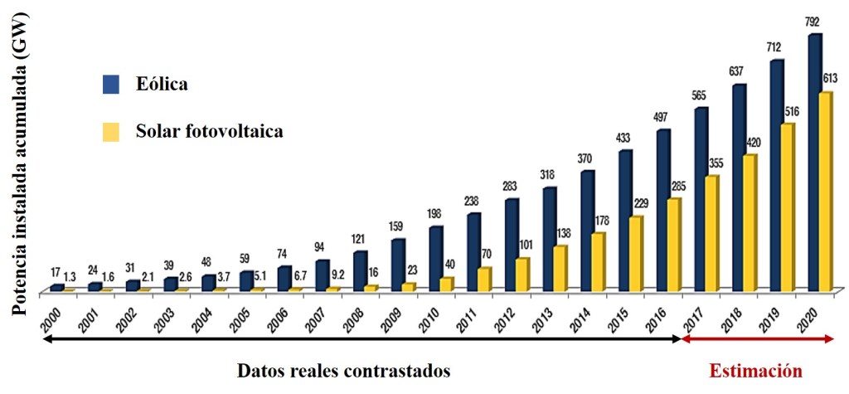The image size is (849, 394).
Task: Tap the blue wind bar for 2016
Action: pyautogui.click(x=663, y=211)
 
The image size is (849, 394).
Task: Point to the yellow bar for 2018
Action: pyautogui.click(x=750, y=223)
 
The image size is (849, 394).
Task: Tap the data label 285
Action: pyautogui.click(x=678, y=184)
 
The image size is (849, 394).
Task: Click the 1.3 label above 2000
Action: pyautogui.click(x=70, y=276)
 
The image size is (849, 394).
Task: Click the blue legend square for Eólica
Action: pyautogui.click(x=111, y=84)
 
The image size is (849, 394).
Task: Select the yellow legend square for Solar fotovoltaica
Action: pyautogui.click(x=111, y=131)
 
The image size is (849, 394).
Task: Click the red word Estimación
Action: pyautogui.click(x=755, y=370)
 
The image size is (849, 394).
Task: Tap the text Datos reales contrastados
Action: pyautogui.click(x=343, y=370)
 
